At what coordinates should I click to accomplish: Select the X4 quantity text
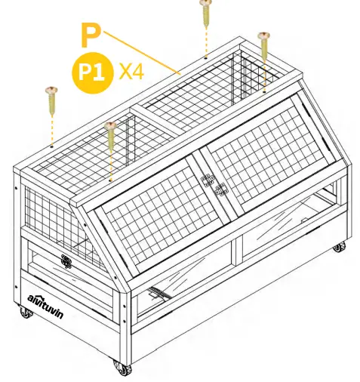pos(132,72)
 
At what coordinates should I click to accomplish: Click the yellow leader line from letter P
pos(143,53)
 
